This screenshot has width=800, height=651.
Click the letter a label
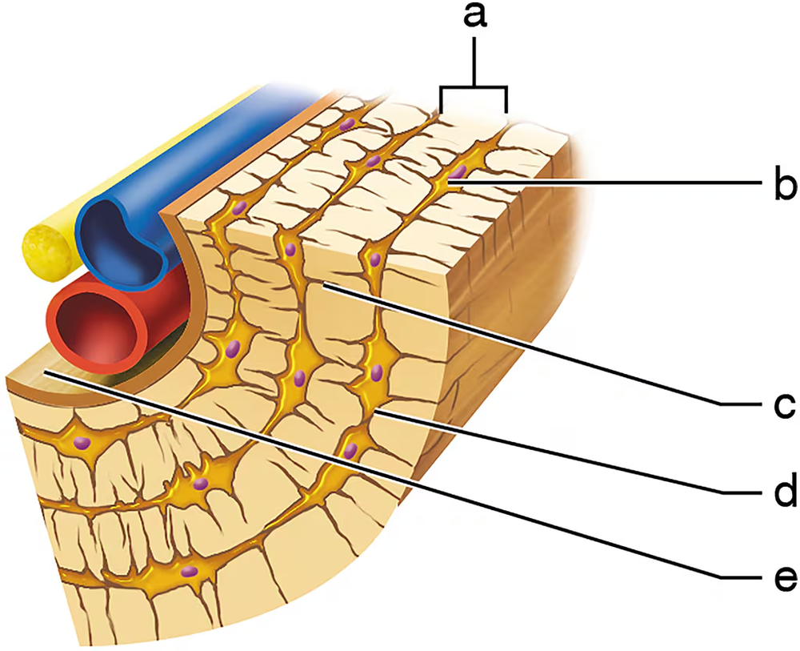click(x=475, y=18)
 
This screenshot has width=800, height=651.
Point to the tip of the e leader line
click(x=48, y=372)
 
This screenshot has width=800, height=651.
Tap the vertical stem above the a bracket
click(x=474, y=61)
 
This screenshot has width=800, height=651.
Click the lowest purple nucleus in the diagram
click(x=190, y=571)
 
